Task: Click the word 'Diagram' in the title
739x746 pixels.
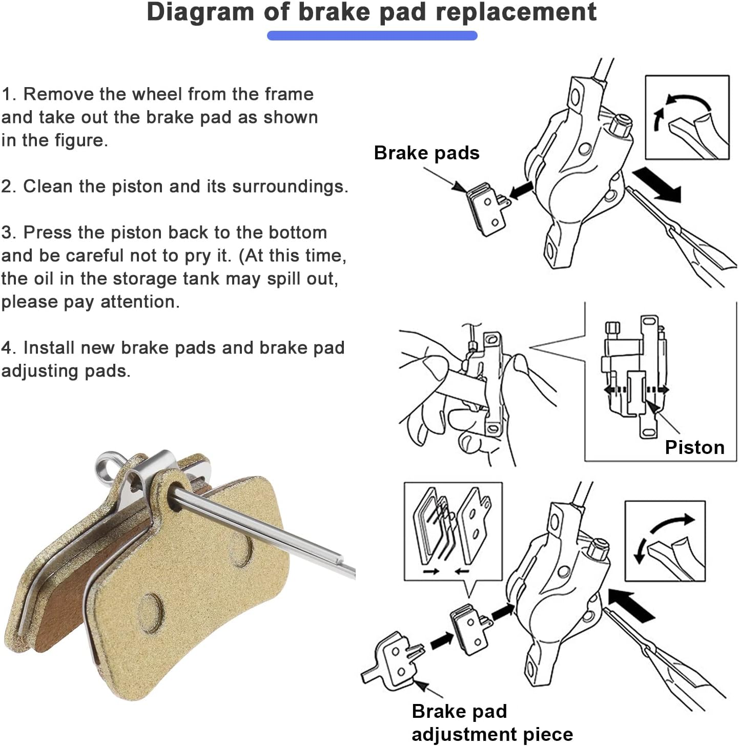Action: [200, 12]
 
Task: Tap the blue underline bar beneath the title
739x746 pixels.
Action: [372, 35]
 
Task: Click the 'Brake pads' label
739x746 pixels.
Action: [426, 153]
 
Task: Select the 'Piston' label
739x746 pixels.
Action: [694, 447]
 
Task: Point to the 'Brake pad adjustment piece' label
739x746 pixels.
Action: [492, 722]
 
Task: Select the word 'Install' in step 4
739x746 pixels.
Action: [49, 348]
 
